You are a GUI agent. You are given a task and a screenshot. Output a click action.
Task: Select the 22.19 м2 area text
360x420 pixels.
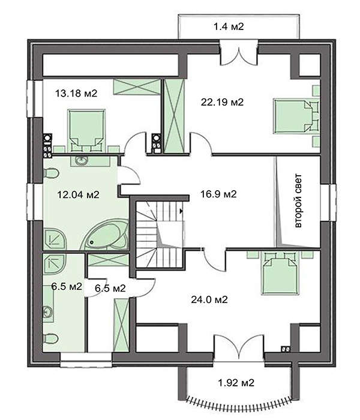(222, 102)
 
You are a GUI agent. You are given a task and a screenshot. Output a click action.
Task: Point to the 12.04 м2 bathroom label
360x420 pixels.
(77, 194)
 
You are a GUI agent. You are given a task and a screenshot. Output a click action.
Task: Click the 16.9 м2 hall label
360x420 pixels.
(217, 194)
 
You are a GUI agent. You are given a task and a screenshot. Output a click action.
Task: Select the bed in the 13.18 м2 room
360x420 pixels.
(83, 129)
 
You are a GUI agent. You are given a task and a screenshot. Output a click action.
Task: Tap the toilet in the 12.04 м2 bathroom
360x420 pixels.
(52, 174)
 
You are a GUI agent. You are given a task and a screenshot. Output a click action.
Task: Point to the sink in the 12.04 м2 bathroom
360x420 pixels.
(82, 160)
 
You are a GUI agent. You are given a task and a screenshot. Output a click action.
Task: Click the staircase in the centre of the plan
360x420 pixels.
(157, 235)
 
